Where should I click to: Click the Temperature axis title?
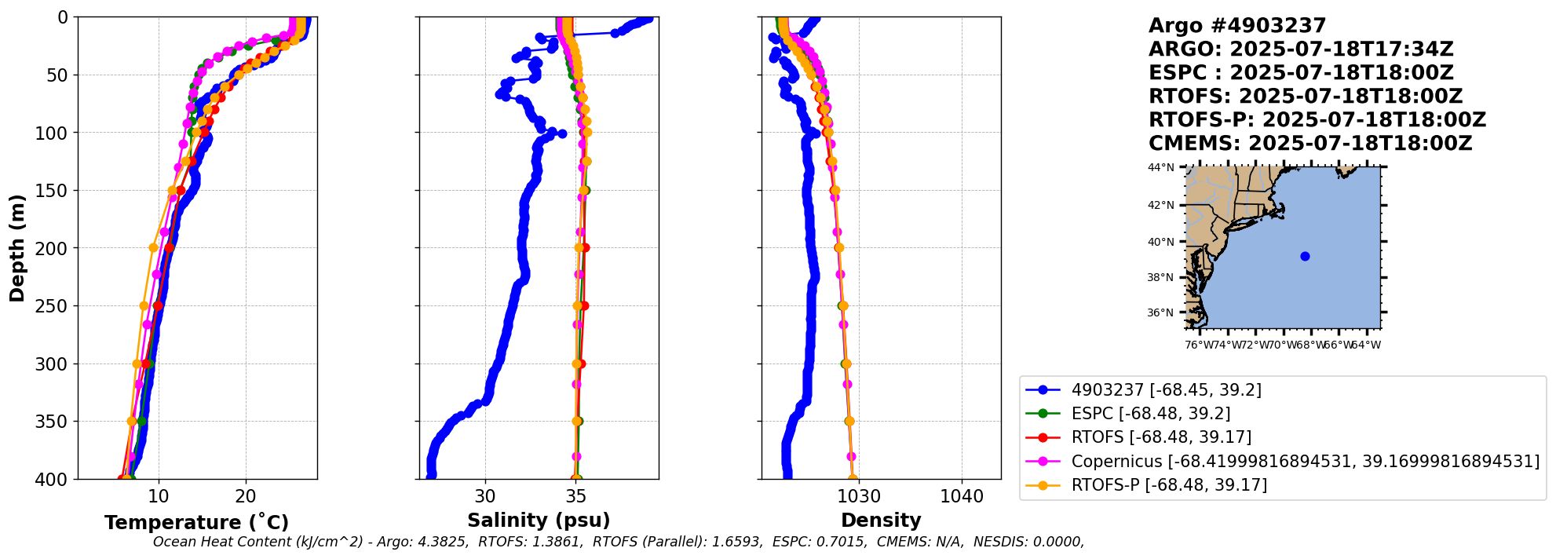(196, 523)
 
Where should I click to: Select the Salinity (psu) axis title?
(539, 521)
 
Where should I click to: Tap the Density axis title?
(881, 521)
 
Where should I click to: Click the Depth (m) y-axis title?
(17, 248)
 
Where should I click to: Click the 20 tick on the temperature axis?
(246, 496)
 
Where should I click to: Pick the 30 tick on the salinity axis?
(485, 496)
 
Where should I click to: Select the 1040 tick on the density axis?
(962, 496)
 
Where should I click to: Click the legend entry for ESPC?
(1150, 414)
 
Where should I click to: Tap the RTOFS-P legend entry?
(1169, 485)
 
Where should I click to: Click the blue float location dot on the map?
(1305, 256)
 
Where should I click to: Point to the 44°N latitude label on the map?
(1161, 167)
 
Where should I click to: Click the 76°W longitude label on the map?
(1199, 345)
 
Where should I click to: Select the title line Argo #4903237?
(1236, 26)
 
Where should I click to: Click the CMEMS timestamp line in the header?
(1309, 144)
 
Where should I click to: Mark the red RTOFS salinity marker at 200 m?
(585, 248)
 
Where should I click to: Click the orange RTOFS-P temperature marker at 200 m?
(154, 248)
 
